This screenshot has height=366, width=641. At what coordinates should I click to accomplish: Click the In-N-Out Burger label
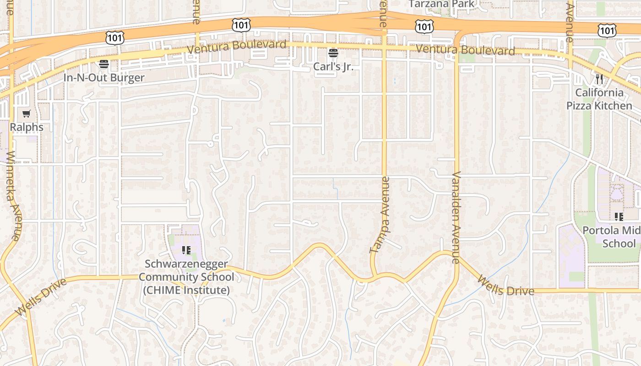(104, 77)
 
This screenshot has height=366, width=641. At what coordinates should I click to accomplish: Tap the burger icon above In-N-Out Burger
(104, 64)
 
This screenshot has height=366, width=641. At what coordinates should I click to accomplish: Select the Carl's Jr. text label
(333, 66)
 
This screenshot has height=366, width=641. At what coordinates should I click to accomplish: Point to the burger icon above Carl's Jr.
(333, 53)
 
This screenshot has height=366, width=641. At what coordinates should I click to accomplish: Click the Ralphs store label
(27, 127)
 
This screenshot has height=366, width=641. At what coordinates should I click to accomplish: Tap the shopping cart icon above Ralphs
(27, 114)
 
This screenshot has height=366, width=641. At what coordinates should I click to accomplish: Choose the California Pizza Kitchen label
(599, 99)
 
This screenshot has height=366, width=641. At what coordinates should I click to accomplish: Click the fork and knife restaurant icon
(599, 79)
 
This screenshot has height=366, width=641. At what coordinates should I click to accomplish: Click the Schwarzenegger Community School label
(186, 277)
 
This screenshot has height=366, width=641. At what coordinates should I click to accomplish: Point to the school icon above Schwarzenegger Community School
(186, 250)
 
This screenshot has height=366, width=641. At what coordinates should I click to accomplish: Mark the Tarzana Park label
(442, 4)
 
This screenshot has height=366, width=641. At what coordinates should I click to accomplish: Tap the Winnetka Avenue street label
(12, 195)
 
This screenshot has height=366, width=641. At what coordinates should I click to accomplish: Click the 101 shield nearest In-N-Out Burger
(114, 38)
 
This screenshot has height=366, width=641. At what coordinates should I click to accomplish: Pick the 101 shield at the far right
(607, 30)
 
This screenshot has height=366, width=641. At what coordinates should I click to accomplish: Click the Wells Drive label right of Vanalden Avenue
(505, 285)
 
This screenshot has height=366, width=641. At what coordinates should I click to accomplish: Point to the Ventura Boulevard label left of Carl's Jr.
(237, 46)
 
